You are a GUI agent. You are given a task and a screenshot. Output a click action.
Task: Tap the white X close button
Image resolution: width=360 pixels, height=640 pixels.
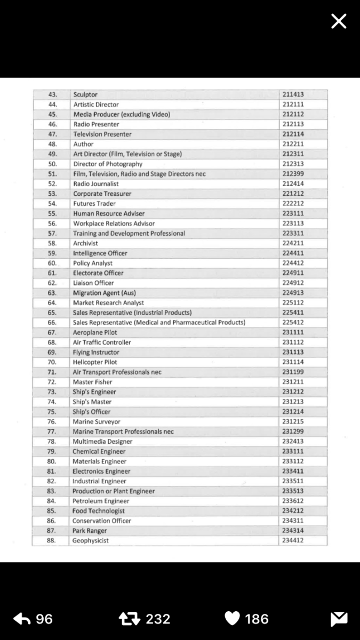(x=339, y=21)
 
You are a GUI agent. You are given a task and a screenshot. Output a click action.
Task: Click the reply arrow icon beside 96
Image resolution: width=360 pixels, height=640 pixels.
(x=21, y=619)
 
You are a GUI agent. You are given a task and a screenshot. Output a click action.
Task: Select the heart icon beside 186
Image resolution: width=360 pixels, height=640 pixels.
(x=232, y=619)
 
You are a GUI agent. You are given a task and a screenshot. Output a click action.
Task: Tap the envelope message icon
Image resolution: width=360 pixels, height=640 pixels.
(x=339, y=619)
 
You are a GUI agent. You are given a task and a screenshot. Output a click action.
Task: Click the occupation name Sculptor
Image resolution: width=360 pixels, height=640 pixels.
(x=85, y=95)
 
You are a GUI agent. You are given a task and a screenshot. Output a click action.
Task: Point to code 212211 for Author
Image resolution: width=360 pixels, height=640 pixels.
(x=293, y=144)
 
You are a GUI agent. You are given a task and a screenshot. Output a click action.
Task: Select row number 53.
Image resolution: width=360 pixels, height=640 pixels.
(x=52, y=194)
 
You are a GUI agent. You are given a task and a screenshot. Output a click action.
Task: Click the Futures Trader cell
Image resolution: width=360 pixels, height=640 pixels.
(x=94, y=204)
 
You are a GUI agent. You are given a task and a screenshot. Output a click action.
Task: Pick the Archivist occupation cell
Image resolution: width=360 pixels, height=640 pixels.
(x=85, y=243)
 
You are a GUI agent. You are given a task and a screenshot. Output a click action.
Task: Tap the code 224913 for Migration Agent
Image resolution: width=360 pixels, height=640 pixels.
(x=293, y=293)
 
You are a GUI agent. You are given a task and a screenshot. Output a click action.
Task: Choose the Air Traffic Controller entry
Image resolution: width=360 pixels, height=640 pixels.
(x=102, y=342)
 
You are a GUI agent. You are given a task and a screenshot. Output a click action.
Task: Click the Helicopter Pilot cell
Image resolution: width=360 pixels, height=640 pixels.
(x=95, y=362)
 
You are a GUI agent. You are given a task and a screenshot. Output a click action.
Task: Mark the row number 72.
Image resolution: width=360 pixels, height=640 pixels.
(x=52, y=382)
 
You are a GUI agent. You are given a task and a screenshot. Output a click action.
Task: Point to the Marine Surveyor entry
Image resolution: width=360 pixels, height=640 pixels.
(x=97, y=422)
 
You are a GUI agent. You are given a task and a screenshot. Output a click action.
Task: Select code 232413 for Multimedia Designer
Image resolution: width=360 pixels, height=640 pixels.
(x=293, y=442)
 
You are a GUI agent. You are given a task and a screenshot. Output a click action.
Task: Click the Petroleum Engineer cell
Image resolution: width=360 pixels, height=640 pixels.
(x=101, y=501)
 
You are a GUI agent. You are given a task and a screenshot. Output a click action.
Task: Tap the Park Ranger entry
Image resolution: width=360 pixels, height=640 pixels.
(x=90, y=531)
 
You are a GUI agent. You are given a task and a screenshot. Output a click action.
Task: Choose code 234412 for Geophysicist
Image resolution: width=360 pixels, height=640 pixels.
(x=293, y=541)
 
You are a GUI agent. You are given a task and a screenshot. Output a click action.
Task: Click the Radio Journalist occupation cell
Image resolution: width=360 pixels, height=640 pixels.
(x=96, y=184)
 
